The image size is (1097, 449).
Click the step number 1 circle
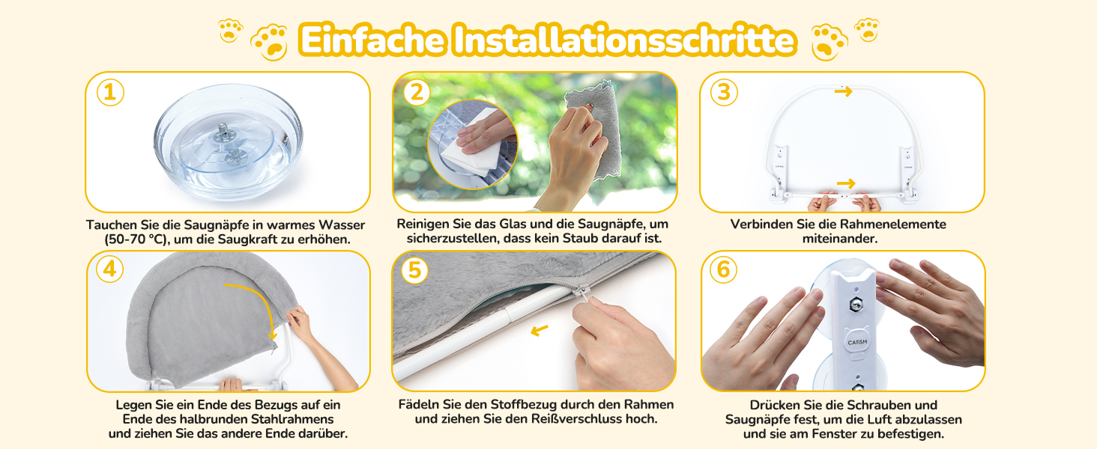click(110, 93)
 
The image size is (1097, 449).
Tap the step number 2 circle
click(417, 92)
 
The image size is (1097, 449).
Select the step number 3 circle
click(724, 92)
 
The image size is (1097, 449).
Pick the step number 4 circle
click(109, 269)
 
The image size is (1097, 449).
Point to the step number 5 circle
click(415, 270)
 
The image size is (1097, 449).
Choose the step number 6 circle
click(723, 269)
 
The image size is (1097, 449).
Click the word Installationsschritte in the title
click(624, 40)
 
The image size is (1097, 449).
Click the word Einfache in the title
click(372, 40)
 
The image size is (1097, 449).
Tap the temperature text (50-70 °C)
click(136, 239)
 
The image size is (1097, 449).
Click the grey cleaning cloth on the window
click(593, 128)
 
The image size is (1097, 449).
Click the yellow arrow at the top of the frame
click(844, 91)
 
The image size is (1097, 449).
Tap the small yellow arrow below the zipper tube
click(540, 331)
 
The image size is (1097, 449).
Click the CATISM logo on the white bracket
click(857, 342)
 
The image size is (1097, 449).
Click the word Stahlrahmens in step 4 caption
click(292, 419)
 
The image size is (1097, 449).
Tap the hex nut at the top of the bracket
click(854, 305)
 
